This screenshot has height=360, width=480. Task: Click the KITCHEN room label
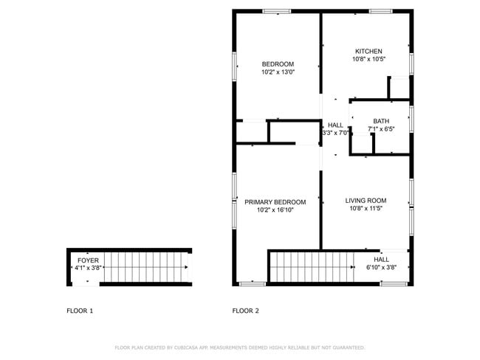click(x=368, y=51)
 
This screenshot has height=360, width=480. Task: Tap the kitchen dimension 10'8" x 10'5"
click(x=368, y=59)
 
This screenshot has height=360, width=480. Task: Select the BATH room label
click(x=381, y=121)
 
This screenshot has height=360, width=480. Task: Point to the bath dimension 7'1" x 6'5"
click(x=381, y=129)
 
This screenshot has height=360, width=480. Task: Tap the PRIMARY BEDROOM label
click(x=275, y=202)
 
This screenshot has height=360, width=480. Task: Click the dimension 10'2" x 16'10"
click(x=275, y=210)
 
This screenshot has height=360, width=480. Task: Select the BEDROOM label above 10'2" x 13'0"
click(x=278, y=63)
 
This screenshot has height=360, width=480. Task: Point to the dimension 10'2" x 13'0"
click(x=278, y=72)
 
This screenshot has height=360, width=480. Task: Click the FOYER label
click(x=88, y=260)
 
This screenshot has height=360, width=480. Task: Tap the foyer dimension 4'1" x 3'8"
click(x=88, y=269)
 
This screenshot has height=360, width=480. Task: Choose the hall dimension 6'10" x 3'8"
click(x=381, y=267)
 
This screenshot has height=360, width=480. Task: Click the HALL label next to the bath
click(x=335, y=125)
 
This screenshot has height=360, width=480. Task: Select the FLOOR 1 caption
click(x=80, y=311)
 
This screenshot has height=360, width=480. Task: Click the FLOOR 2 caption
click(x=246, y=311)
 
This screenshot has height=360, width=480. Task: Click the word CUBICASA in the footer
click(x=190, y=347)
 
